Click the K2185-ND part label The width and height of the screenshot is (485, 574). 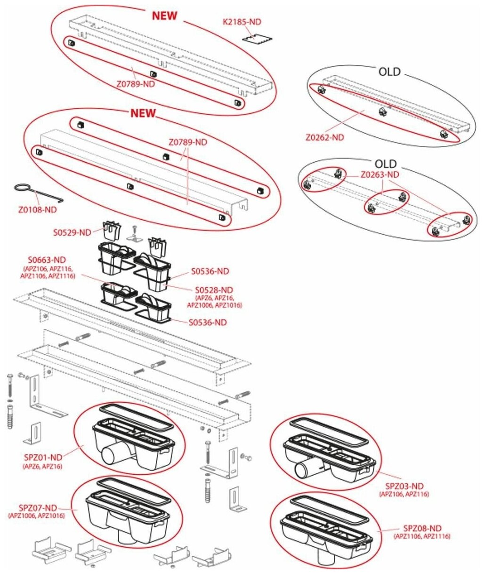click(x=242, y=22)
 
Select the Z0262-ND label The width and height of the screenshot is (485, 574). click(x=325, y=137)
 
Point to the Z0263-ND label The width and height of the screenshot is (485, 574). click(x=380, y=175)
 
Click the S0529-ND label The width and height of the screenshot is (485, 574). click(x=72, y=232)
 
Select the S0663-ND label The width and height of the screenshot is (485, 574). click(x=47, y=259)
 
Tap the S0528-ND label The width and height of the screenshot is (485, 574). click(x=214, y=290)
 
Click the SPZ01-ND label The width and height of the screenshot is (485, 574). click(x=43, y=457)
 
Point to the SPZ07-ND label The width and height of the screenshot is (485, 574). click(x=38, y=507)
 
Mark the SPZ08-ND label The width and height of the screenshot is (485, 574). click(x=422, y=528)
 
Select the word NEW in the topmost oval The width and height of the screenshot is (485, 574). click(x=164, y=16)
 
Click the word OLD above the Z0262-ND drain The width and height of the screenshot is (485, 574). click(x=389, y=72)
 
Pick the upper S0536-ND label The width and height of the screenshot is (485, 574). click(x=210, y=271)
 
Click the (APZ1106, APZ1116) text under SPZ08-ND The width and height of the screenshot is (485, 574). click(x=422, y=536)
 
